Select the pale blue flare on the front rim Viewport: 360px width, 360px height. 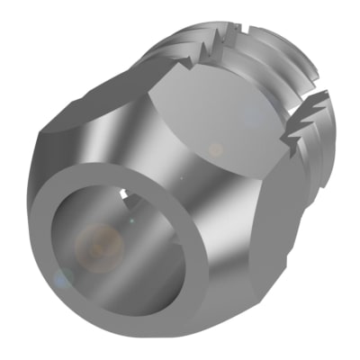[60, 280]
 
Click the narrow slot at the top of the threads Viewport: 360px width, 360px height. [236, 36]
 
